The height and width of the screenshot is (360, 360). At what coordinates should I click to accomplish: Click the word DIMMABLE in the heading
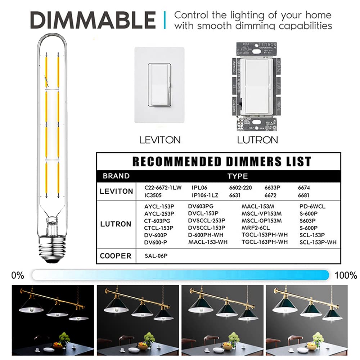[x=93, y=20]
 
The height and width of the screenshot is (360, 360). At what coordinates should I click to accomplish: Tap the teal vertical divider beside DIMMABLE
[x=165, y=20]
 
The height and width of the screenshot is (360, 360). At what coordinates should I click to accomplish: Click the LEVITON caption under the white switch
[x=160, y=140]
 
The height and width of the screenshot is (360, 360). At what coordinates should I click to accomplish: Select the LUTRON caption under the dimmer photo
[x=257, y=140]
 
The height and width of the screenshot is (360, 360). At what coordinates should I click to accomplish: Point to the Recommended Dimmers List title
[x=221, y=161]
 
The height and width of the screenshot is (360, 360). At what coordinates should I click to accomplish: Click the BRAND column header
[x=116, y=176]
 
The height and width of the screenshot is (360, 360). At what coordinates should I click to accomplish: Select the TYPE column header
[x=238, y=176]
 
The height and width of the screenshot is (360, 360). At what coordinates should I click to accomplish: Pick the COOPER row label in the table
[x=116, y=256]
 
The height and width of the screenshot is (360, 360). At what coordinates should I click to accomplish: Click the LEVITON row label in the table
[x=116, y=191]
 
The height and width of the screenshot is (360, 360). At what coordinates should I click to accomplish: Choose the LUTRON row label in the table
[x=116, y=224]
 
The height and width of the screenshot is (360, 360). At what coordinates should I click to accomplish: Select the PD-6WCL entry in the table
[x=312, y=206]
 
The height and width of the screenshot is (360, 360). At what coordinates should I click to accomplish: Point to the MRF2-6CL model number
[x=256, y=228]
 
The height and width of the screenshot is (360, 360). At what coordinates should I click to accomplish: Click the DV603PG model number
[x=201, y=206]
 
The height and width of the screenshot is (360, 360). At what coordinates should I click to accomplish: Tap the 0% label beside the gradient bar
[x=18, y=276]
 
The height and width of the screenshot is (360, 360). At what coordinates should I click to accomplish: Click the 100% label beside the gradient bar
[x=346, y=276]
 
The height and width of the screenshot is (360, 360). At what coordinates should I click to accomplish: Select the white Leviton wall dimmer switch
[x=159, y=85]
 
